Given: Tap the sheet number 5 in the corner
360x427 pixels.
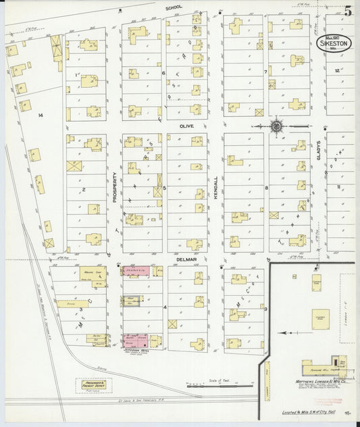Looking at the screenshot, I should pos(347,11).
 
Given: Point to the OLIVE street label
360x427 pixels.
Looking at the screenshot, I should pos(186,126).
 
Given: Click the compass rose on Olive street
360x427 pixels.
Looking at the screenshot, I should pos(276,126).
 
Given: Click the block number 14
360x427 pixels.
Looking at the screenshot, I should pos(41,116).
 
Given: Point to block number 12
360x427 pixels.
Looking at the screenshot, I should pos(336,70).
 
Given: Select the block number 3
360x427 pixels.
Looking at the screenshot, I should pos(81,309).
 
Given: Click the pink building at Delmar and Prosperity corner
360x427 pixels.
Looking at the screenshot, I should pos(137,272).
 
